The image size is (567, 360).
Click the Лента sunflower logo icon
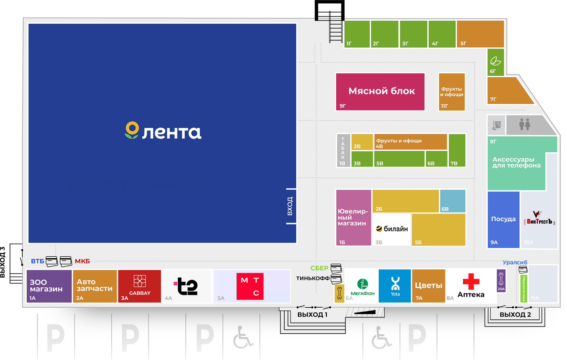pos(132,130)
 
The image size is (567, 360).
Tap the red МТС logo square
pos(250,286)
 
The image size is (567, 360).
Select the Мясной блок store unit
pos(380,92)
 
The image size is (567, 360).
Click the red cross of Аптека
pos(471,281)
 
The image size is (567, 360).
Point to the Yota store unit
pos(395,285)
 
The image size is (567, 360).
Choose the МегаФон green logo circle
pos(362,284)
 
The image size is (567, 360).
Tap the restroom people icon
pos(524,124)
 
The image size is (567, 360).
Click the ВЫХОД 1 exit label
pos(312,315)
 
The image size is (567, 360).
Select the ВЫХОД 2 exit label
pos(515,315)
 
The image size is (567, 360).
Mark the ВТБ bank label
pos(37,261)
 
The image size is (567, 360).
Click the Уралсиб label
pos(515,262)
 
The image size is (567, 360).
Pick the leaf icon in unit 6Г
pos(495,61)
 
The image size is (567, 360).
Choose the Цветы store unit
pos(428,286)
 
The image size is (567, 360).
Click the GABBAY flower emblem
pos(139,281)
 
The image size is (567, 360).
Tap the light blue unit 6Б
pos(453,201)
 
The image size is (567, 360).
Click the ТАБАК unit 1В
pos(343,150)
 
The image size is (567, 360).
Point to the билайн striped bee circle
pos(379,229)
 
